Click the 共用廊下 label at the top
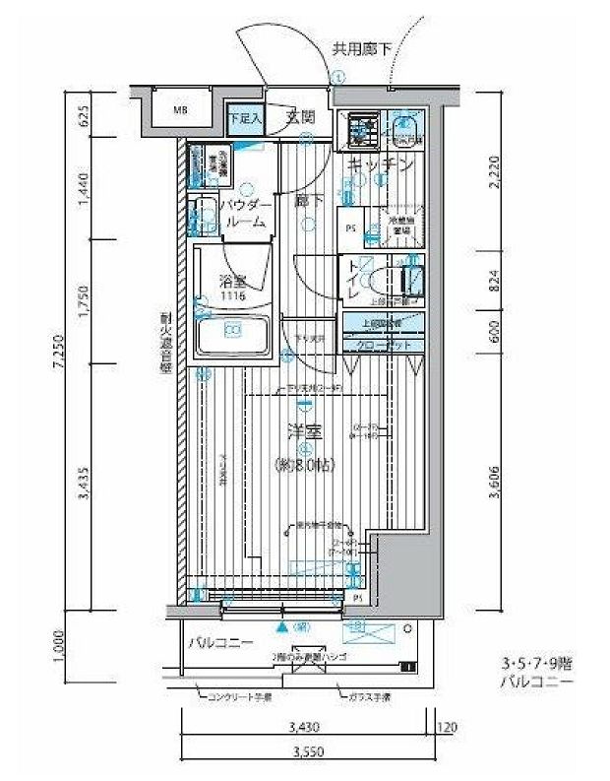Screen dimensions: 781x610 (x=359, y=46)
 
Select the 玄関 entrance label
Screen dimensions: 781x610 (x=300, y=116)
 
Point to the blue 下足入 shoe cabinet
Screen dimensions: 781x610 (x=245, y=117)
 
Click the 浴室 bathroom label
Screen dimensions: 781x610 (x=232, y=281)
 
